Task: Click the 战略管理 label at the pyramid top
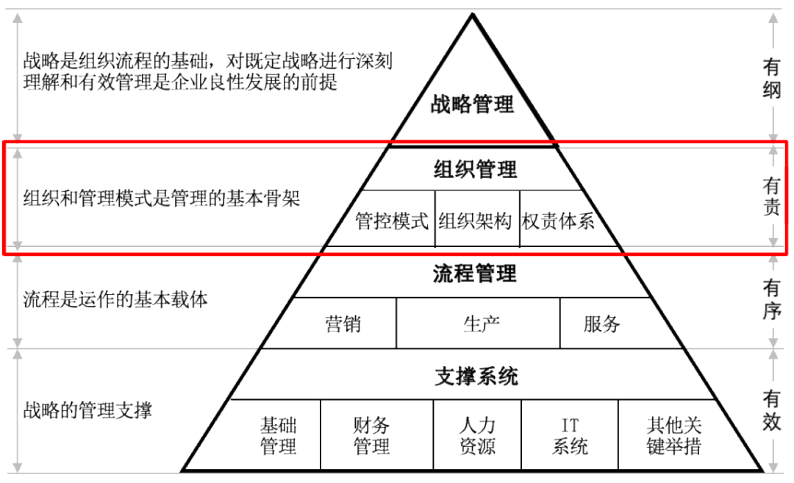[x=472, y=104]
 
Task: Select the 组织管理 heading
[x=475, y=170]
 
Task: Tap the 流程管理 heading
[x=474, y=274]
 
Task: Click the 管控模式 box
[x=392, y=221]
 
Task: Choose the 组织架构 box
[x=475, y=221]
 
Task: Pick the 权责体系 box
[x=558, y=221]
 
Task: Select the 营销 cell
[x=343, y=323]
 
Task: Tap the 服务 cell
[x=601, y=323]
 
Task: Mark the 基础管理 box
[x=278, y=435]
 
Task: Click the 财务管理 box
[x=371, y=435]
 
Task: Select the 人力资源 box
[x=476, y=435]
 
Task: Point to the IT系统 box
[x=570, y=435]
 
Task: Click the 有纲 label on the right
[x=770, y=79]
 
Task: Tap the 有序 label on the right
[x=770, y=298]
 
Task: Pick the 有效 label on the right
[x=770, y=410]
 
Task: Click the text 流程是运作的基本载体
[x=115, y=299]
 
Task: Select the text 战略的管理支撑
[x=87, y=409]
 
